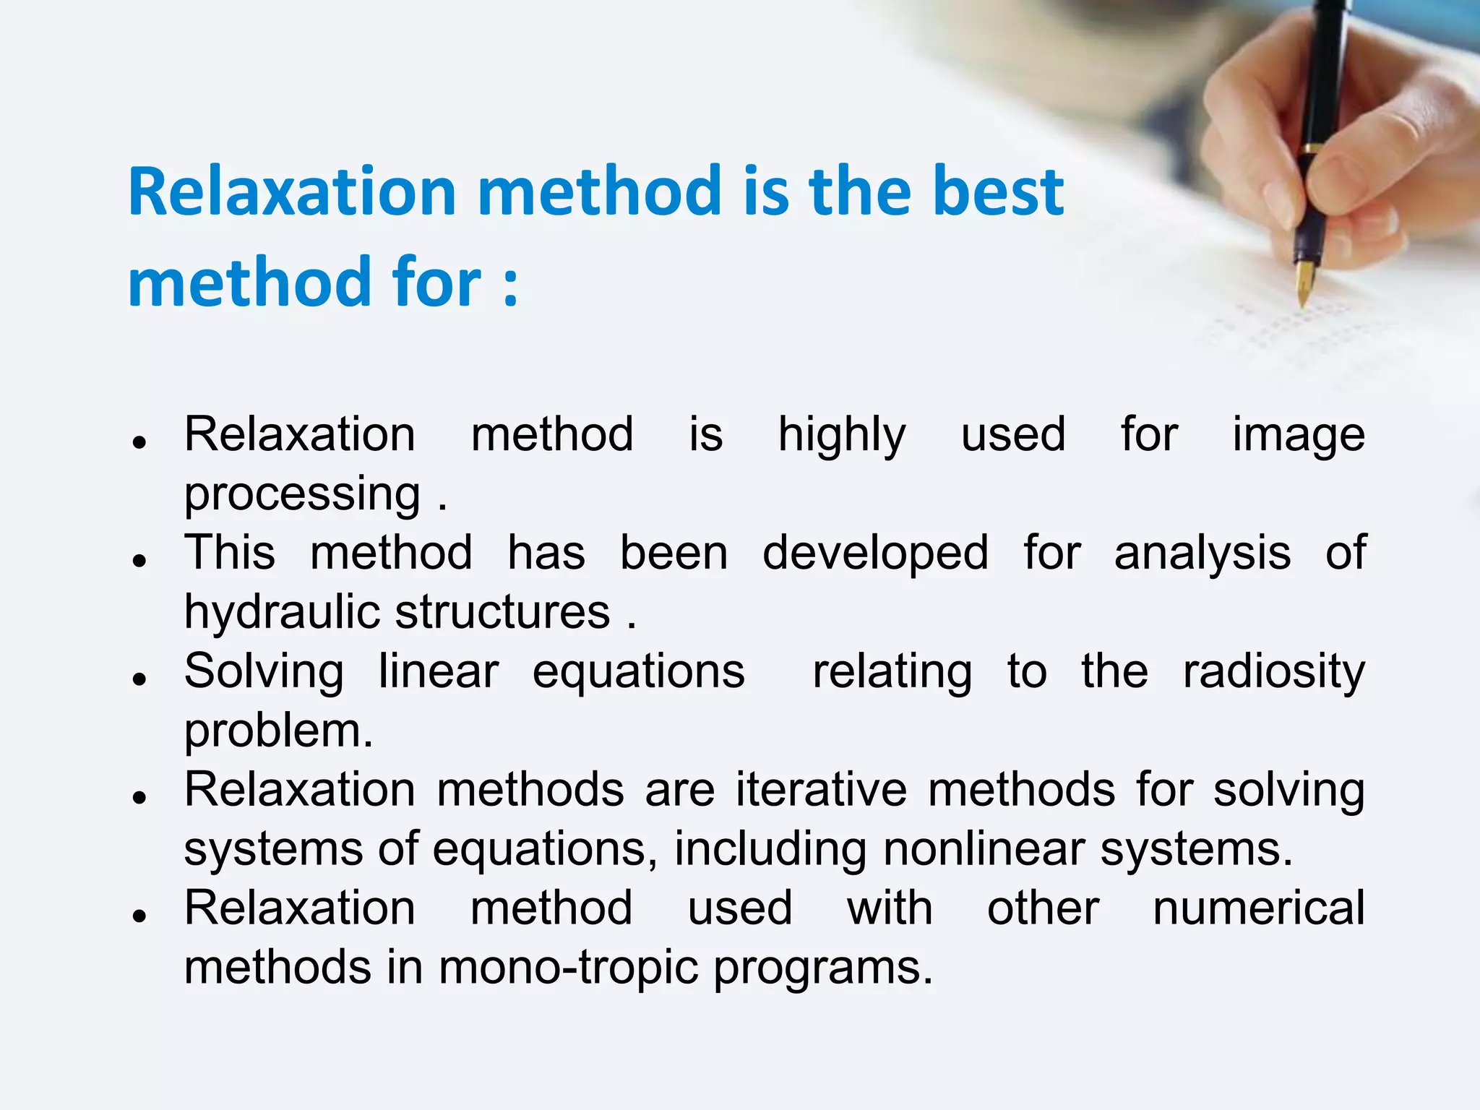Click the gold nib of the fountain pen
pos(1304,283)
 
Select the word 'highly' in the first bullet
pos(841,436)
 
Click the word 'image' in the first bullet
pos(1298,436)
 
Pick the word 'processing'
pos(302,495)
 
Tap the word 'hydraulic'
pos(282,613)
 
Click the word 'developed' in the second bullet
pos(875,554)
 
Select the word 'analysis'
pos(1202,554)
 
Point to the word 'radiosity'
pos(1273,672)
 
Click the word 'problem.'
pos(278,731)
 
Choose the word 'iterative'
pos(821,790)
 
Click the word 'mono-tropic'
pos(569,968)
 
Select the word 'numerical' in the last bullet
pos(1258,908)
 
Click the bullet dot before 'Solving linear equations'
pos(140,679)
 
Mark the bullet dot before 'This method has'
pos(140,560)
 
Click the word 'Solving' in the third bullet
pos(264,672)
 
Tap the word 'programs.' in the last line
pos(823,968)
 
